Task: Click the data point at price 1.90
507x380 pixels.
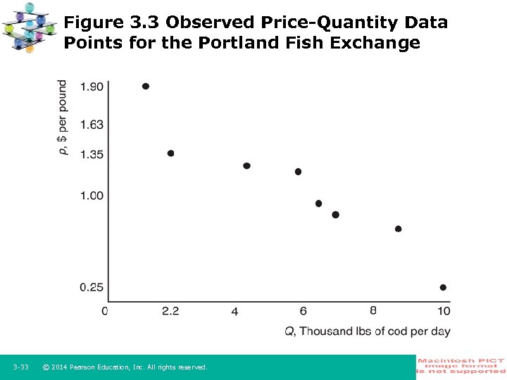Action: pyautogui.click(x=146, y=87)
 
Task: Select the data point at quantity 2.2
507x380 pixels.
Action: pyautogui.click(x=170, y=153)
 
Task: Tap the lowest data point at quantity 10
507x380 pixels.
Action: pyautogui.click(x=443, y=287)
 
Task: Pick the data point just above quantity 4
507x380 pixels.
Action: pyautogui.click(x=246, y=166)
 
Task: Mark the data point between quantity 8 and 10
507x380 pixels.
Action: pyautogui.click(x=399, y=229)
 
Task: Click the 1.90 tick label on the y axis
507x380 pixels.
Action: pyautogui.click(x=92, y=87)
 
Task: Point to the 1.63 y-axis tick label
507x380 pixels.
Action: pyautogui.click(x=92, y=125)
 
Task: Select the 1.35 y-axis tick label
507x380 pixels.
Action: pyautogui.click(x=92, y=153)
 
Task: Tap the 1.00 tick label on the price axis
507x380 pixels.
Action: pyautogui.click(x=92, y=195)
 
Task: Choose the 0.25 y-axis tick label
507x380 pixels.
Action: pyautogui.click(x=92, y=287)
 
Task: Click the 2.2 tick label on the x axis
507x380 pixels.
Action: pyautogui.click(x=170, y=311)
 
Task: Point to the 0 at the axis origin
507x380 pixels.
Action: pyautogui.click(x=105, y=311)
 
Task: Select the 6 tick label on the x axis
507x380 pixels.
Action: pyautogui.click(x=303, y=311)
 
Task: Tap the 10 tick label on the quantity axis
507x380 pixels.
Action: pyautogui.click(x=443, y=311)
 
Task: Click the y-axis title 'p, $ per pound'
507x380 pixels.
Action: pyautogui.click(x=63, y=118)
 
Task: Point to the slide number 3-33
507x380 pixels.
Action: pyautogui.click(x=21, y=367)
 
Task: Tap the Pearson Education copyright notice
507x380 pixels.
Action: pyautogui.click(x=125, y=367)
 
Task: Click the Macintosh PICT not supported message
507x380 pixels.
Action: pyautogui.click(x=461, y=366)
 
